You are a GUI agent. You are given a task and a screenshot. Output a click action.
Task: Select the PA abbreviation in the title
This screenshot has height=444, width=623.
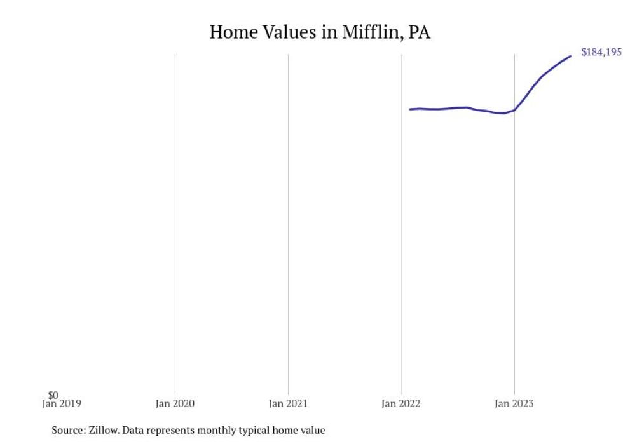click(x=419, y=32)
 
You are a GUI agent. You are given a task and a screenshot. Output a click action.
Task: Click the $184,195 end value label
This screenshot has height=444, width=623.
click(x=601, y=53)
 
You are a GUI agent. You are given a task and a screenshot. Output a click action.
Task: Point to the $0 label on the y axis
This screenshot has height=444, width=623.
click(x=53, y=395)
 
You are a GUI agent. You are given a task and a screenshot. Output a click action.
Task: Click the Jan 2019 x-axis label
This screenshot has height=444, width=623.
click(x=62, y=403)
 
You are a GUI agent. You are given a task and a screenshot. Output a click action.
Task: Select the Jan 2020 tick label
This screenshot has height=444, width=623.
click(x=175, y=403)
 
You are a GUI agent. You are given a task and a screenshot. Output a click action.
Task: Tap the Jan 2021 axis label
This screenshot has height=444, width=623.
click(x=288, y=403)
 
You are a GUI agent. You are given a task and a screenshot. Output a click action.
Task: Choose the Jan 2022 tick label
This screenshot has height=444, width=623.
click(x=401, y=403)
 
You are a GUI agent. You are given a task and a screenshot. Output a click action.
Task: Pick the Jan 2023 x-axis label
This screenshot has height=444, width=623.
click(x=514, y=403)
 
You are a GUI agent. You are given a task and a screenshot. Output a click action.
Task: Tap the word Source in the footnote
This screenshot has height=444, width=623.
click(x=67, y=431)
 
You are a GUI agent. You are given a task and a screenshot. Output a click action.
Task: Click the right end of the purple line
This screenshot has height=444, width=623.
click(x=570, y=56)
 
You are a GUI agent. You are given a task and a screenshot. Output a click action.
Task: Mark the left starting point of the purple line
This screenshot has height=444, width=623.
click(x=410, y=109)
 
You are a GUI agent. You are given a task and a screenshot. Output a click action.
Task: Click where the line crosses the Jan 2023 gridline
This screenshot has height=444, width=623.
click(x=514, y=110)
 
